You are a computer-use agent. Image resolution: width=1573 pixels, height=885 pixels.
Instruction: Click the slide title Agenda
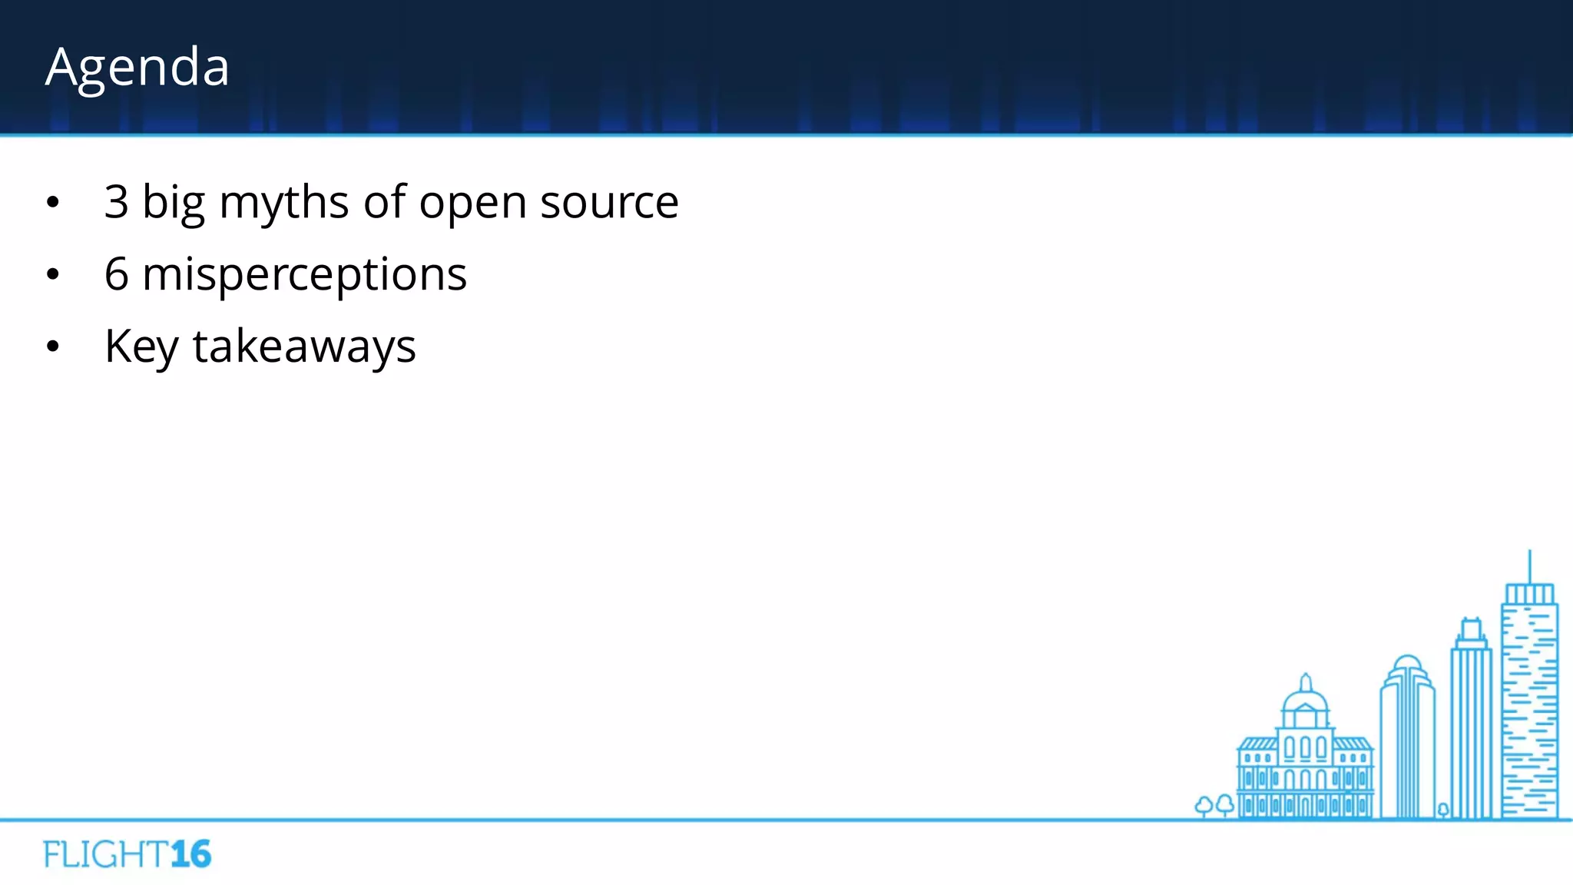137,68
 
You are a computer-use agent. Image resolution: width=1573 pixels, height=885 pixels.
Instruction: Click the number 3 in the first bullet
116,202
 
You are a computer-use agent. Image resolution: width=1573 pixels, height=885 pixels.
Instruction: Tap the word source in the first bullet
609,203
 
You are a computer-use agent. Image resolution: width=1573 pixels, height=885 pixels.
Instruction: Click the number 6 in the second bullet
117,274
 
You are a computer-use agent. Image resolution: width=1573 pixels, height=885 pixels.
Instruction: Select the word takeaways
304,347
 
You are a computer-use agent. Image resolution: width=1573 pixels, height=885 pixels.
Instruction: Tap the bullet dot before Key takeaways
52,346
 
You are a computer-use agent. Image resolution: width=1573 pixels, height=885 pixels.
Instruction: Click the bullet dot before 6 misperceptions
52,274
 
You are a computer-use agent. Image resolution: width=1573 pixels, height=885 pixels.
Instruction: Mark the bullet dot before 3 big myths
52,203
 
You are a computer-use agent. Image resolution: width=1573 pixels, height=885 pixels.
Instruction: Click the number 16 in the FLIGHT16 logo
190,854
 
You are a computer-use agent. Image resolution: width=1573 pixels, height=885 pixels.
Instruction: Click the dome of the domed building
1305,699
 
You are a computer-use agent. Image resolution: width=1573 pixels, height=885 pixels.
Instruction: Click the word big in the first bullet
174,204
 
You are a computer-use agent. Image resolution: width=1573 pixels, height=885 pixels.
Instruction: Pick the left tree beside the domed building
1204,805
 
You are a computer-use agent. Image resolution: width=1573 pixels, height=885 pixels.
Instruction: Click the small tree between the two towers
1443,810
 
